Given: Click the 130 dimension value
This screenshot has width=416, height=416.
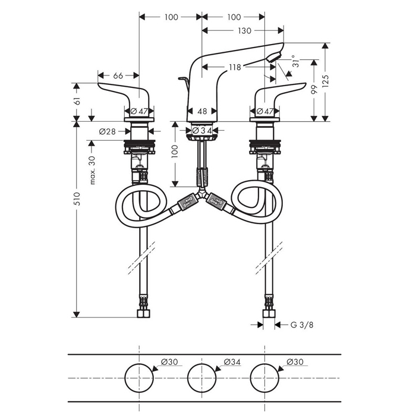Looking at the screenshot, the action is (244, 31).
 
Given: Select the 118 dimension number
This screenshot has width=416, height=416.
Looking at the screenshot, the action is (235, 67).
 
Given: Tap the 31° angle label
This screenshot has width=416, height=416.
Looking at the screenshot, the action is (295, 61).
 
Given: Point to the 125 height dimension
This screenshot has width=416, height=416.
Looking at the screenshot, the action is (326, 81).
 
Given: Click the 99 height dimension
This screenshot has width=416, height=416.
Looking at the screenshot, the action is (314, 89).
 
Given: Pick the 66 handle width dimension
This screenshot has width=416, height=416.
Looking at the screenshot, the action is (118, 75).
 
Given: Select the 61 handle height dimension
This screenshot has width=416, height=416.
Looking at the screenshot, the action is (77, 101).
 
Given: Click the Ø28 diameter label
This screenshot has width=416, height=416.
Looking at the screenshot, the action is (108, 131).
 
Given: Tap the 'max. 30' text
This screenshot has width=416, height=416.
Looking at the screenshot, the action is (92, 170).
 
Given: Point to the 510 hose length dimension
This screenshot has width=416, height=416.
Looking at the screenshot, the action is (77, 198).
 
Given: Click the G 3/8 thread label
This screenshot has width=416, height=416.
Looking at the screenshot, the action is (302, 324).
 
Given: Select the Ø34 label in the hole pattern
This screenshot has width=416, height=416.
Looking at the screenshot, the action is (232, 361).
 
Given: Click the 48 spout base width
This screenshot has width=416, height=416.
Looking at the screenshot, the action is (202, 112).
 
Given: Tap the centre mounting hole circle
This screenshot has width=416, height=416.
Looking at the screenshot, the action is (202, 364).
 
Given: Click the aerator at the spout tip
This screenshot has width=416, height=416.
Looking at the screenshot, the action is (275, 57).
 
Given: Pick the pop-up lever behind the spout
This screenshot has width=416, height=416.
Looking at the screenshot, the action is (185, 81).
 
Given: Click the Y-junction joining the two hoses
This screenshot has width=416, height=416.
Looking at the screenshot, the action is (202, 193).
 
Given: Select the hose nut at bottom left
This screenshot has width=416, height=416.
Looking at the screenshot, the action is (144, 313).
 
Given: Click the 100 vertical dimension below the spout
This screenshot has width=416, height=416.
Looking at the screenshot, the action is (175, 151).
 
